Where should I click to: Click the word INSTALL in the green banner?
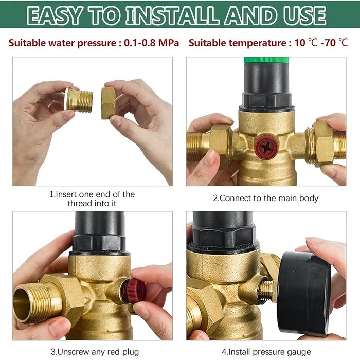click(172, 15)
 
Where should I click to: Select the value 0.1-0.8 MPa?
click(152, 43)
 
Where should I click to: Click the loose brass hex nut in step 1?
click(108, 103)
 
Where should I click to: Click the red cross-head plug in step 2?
click(266, 147)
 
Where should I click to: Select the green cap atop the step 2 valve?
click(266, 60)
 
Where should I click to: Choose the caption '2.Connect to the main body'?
click(266, 198)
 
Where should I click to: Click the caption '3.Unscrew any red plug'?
click(95, 352)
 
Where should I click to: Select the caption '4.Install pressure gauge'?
click(266, 352)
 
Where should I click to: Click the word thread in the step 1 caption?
click(79, 204)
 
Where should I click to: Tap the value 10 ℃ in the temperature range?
click(306, 43)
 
